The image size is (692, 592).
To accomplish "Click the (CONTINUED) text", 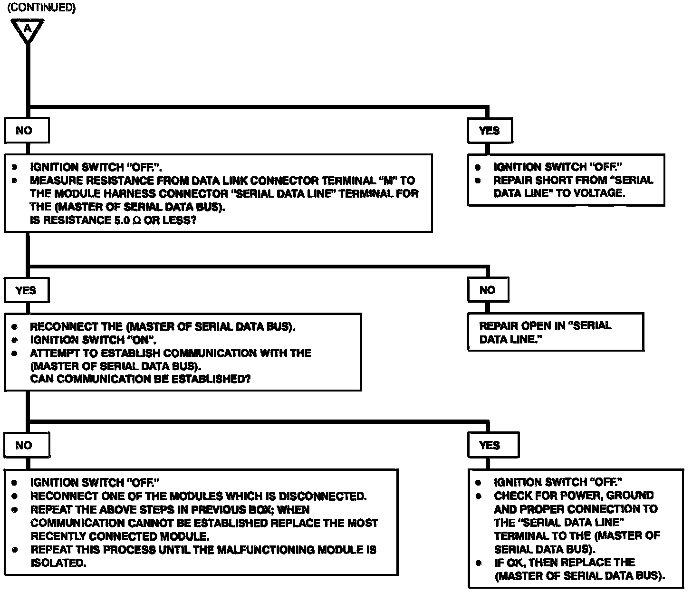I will click(x=41, y=8).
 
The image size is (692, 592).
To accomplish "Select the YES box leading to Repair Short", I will click(x=489, y=131).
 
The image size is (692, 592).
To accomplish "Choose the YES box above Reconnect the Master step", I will click(x=27, y=290).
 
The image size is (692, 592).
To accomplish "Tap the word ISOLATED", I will click(x=58, y=563).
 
